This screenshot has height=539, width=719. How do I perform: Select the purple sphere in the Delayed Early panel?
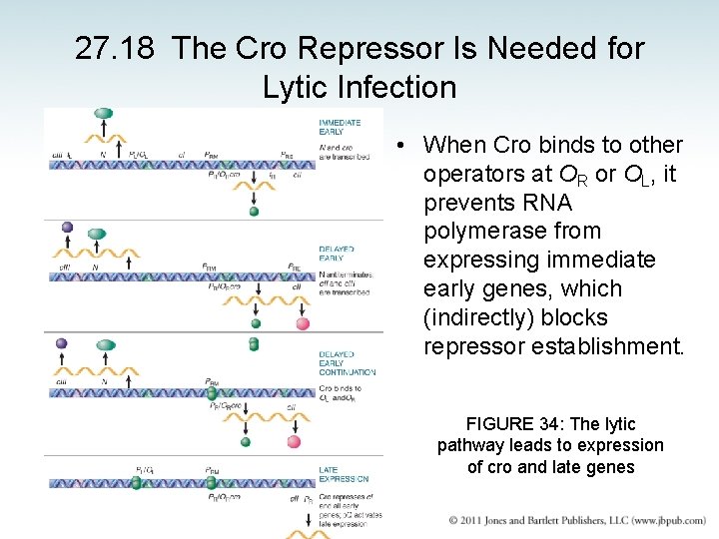[67, 227]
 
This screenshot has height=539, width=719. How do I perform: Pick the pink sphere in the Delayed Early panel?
[303, 323]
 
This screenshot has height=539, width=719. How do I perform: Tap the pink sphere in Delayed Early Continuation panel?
[294, 441]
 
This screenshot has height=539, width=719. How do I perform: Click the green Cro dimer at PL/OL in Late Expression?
[136, 483]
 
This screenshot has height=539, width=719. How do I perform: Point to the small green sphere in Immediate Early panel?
[253, 212]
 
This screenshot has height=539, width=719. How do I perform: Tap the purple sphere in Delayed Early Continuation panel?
[62, 342]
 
